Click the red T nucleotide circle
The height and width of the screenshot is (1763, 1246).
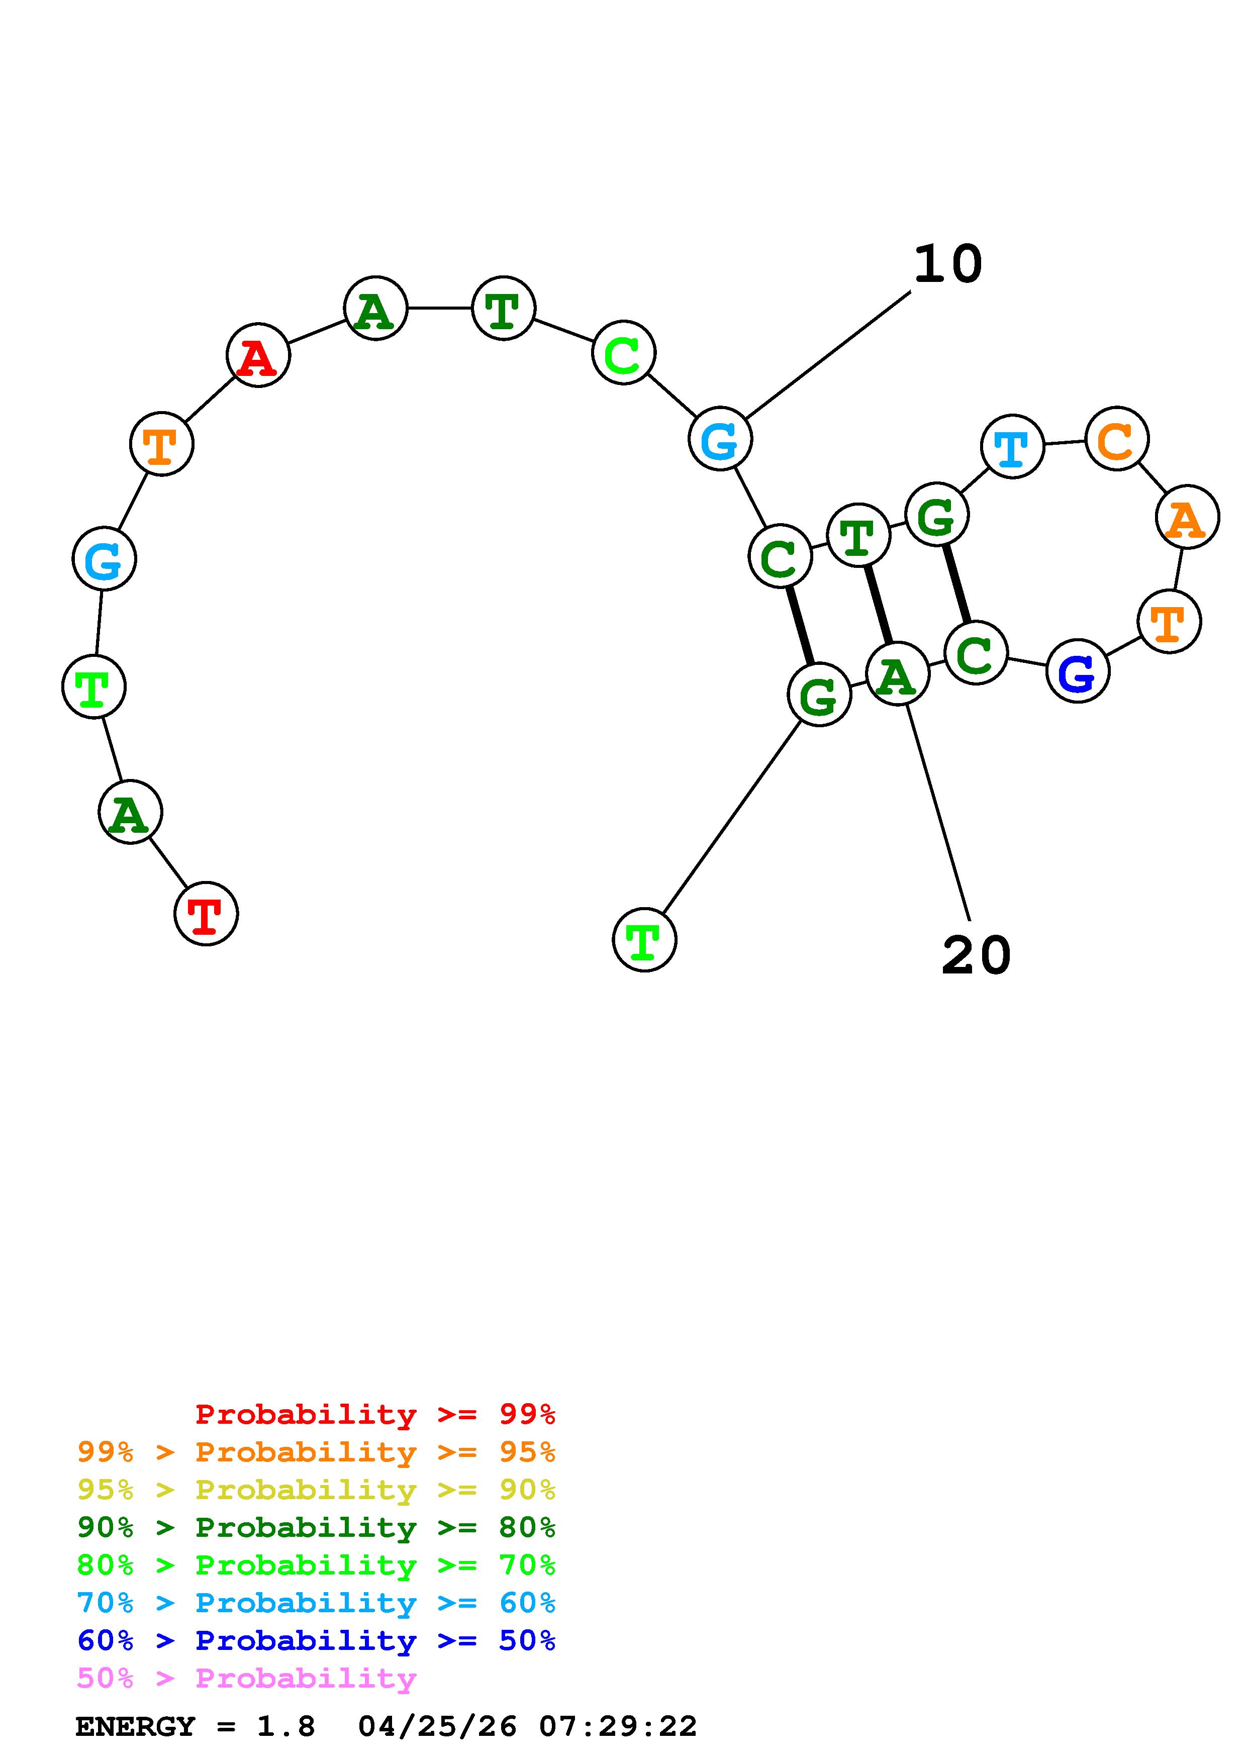click(x=206, y=913)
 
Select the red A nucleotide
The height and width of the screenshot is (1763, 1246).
click(x=258, y=355)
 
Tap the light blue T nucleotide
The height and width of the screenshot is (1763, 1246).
click(x=1012, y=446)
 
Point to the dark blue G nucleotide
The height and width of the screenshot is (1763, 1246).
click(x=1077, y=670)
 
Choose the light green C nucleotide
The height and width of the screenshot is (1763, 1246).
click(x=623, y=353)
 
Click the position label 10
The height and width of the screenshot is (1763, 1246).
click(x=947, y=264)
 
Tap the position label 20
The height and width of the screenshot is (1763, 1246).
click(x=976, y=956)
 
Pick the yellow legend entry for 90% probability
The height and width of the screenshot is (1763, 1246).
click(x=316, y=1489)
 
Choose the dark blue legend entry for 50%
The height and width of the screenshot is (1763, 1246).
click(x=316, y=1640)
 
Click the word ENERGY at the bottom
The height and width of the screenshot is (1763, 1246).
click(x=135, y=1726)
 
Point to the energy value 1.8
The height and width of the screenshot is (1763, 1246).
click(x=285, y=1726)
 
